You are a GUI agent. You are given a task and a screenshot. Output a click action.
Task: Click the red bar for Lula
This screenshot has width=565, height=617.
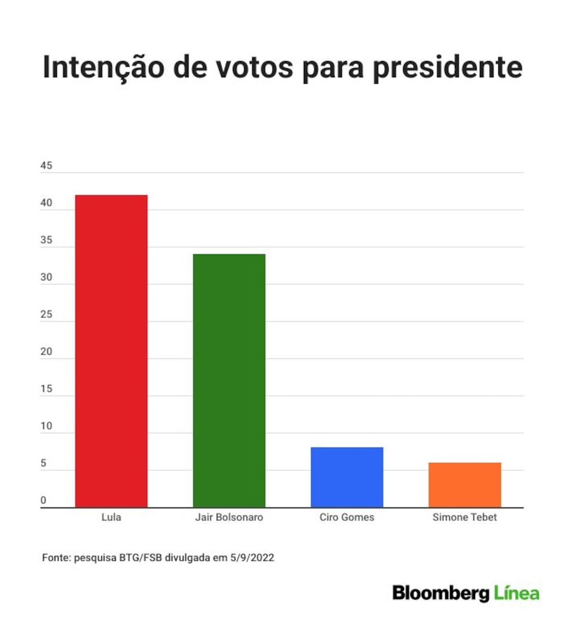pos(111,351)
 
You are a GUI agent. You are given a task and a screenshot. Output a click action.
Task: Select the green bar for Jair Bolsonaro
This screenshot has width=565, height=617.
pos(229,381)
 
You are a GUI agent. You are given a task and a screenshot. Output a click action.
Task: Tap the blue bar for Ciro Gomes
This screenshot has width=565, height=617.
pos(347,477)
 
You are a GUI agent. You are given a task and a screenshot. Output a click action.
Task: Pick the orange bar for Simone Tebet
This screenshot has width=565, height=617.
pos(465,485)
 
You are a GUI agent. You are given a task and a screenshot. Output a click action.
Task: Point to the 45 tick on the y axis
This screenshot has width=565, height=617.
pos(46,166)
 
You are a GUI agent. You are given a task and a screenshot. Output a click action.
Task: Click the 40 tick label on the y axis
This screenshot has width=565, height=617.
pos(46,202)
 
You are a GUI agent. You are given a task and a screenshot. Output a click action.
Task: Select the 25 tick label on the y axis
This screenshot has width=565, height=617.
pos(46,314)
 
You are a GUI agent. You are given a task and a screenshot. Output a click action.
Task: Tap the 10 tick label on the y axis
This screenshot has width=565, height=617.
pos(46,426)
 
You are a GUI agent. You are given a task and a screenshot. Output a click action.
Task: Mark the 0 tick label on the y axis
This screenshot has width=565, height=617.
pos(44,500)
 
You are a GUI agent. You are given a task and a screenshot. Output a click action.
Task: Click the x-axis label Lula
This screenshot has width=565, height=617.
pos(111,517)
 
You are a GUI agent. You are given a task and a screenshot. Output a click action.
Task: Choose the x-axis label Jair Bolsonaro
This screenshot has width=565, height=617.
pos(229,517)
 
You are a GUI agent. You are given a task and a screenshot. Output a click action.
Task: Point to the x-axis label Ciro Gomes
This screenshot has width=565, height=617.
pos(347,517)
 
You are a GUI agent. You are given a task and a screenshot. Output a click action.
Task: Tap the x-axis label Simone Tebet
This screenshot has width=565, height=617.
pos(465,517)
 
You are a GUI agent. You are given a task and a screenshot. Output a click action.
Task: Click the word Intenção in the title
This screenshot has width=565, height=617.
pos(103,67)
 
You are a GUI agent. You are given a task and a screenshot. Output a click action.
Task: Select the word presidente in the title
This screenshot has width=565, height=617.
pos(448,68)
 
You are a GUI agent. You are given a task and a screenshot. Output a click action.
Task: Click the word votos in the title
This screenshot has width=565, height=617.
pos(255,68)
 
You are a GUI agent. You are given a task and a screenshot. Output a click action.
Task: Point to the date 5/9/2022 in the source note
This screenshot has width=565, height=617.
pos(252,558)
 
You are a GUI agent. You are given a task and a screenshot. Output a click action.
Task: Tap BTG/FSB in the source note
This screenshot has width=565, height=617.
pos(140,558)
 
